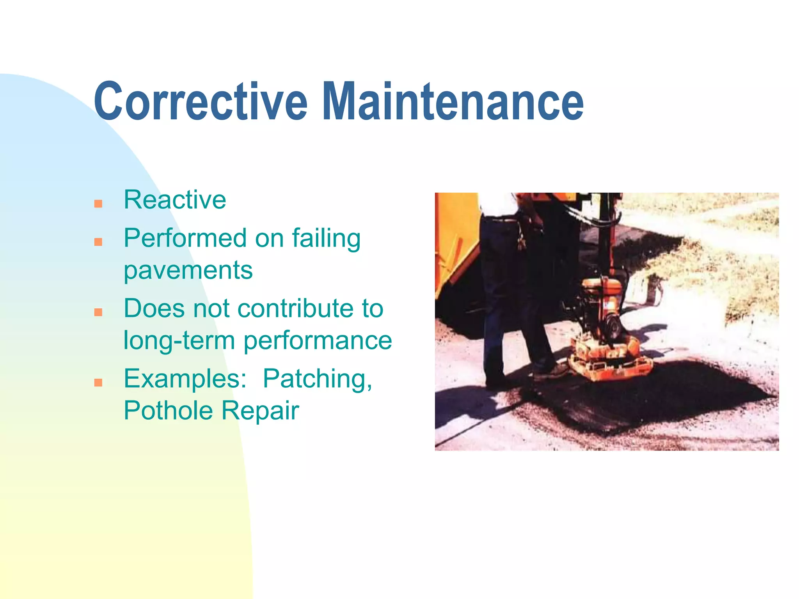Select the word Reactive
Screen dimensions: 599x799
175,200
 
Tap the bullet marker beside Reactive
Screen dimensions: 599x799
98,204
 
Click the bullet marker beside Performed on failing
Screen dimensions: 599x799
98,242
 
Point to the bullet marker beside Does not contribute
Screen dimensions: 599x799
98,312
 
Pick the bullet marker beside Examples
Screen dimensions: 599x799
98,383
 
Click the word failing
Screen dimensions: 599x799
326,239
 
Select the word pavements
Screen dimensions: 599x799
188,271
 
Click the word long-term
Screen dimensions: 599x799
179,340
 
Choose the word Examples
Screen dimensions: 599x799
185,379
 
